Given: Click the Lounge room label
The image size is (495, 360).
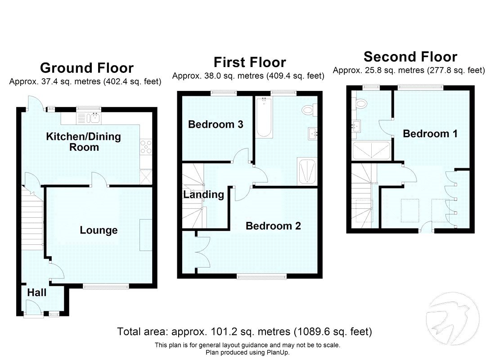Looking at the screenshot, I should [x=99, y=230].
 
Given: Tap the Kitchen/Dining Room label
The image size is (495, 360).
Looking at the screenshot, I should [x=84, y=142].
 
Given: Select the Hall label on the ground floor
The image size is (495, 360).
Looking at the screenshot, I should [x=37, y=292].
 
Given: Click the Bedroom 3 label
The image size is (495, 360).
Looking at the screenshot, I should [x=216, y=124].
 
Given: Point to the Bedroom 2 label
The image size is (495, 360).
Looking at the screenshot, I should [x=273, y=226].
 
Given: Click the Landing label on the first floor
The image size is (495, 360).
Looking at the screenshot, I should [x=203, y=194].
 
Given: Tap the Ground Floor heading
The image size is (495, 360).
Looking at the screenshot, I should [x=87, y=68].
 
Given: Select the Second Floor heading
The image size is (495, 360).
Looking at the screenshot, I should [x=410, y=57].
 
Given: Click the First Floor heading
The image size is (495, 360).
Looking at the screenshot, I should [x=249, y=62].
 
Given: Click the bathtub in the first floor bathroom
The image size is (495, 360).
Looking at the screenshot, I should [x=263, y=118].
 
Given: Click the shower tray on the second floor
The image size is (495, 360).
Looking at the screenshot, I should [x=371, y=150].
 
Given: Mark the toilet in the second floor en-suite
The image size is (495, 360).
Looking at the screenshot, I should [x=360, y=104].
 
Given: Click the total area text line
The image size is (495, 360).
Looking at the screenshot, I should [x=244, y=332].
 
